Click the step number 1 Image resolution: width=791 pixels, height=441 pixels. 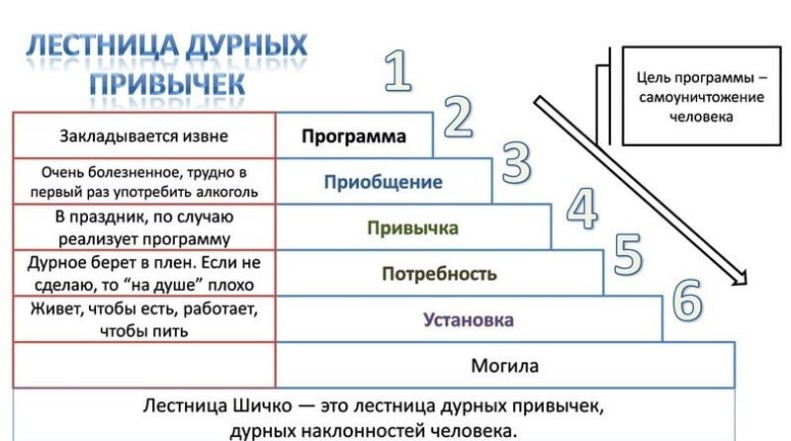(x=397, y=72)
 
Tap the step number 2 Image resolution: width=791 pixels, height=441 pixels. (x=456, y=118)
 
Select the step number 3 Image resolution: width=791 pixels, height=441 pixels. (x=517, y=163)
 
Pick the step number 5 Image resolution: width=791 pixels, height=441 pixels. (x=628, y=254)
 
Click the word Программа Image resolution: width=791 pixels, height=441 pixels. (x=354, y=136)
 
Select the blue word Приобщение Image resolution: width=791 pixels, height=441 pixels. (x=383, y=182)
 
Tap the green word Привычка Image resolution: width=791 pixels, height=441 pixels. (x=412, y=228)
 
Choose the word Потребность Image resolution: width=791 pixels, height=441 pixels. (x=439, y=274)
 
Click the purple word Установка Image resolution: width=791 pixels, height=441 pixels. (x=469, y=319)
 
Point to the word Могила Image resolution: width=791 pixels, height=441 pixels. (x=504, y=366)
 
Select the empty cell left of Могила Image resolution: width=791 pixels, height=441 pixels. (x=144, y=366)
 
